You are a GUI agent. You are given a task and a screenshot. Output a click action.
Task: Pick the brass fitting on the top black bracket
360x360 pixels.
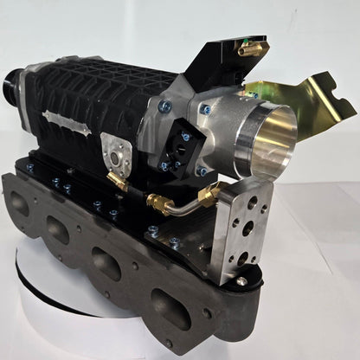point(244,53)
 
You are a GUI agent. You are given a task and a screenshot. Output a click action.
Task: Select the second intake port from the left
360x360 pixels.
point(57,229)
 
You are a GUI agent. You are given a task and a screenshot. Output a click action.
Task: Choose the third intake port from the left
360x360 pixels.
point(106,261)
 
